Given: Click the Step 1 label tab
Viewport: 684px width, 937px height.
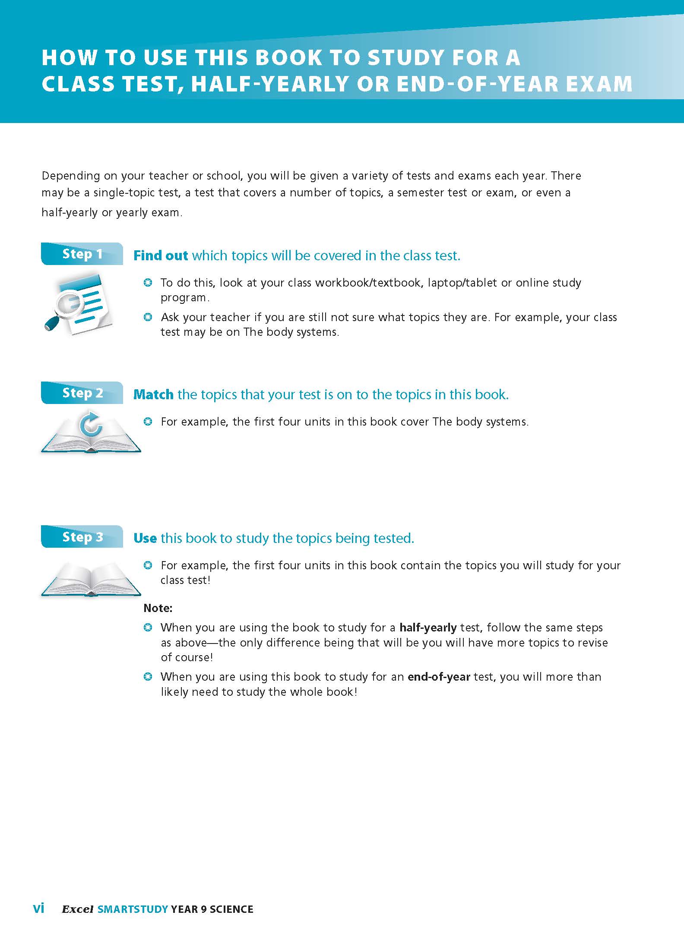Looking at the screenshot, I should (x=82, y=254).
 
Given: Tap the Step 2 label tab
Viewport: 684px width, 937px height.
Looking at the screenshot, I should (x=82, y=393).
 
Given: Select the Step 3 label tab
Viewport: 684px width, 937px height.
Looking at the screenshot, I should (x=82, y=536).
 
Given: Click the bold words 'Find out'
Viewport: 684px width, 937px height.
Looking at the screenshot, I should (x=161, y=256).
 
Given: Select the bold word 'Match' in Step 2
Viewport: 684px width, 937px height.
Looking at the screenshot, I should (x=153, y=394).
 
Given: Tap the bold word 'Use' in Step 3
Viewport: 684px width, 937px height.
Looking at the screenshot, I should (x=145, y=538).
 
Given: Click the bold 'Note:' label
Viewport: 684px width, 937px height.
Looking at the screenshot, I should (x=158, y=608).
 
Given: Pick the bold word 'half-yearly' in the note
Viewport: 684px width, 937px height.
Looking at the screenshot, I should (x=428, y=628).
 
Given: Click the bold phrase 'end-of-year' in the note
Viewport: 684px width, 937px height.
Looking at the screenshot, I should (x=439, y=677).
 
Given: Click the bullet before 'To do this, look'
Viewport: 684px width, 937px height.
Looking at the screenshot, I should (x=148, y=283).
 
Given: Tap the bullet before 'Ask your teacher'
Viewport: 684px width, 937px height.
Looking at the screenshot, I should (x=148, y=317).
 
